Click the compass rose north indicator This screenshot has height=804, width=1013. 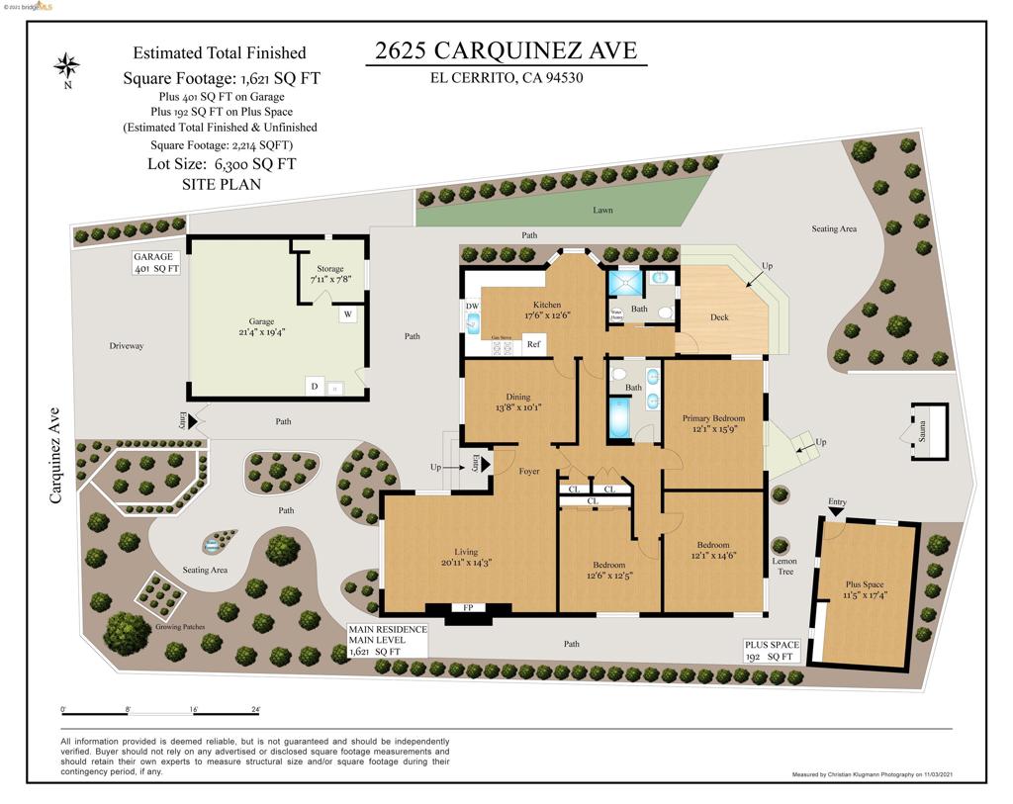coord(67,68)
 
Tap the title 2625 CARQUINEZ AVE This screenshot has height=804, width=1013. coord(506,50)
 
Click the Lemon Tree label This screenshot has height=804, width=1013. coord(783,566)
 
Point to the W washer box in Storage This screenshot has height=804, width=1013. coord(348,314)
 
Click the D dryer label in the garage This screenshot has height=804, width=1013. coord(314,387)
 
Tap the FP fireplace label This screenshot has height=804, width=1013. coord(468,607)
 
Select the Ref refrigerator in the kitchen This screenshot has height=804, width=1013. coord(532,344)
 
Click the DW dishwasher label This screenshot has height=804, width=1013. coord(471,307)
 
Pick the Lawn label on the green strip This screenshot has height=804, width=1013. coord(602,210)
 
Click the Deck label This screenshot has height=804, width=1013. coord(719,317)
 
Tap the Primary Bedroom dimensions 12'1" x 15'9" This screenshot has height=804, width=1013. coord(713,429)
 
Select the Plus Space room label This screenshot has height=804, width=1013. coord(865,583)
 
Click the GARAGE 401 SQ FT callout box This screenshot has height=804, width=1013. coord(156,262)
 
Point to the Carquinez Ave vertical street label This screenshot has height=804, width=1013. coord(55,455)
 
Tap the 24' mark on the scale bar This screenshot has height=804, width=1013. coord(255,710)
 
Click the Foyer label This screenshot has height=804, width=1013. coord(529,472)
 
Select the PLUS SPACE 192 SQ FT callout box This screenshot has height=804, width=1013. coord(771,651)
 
